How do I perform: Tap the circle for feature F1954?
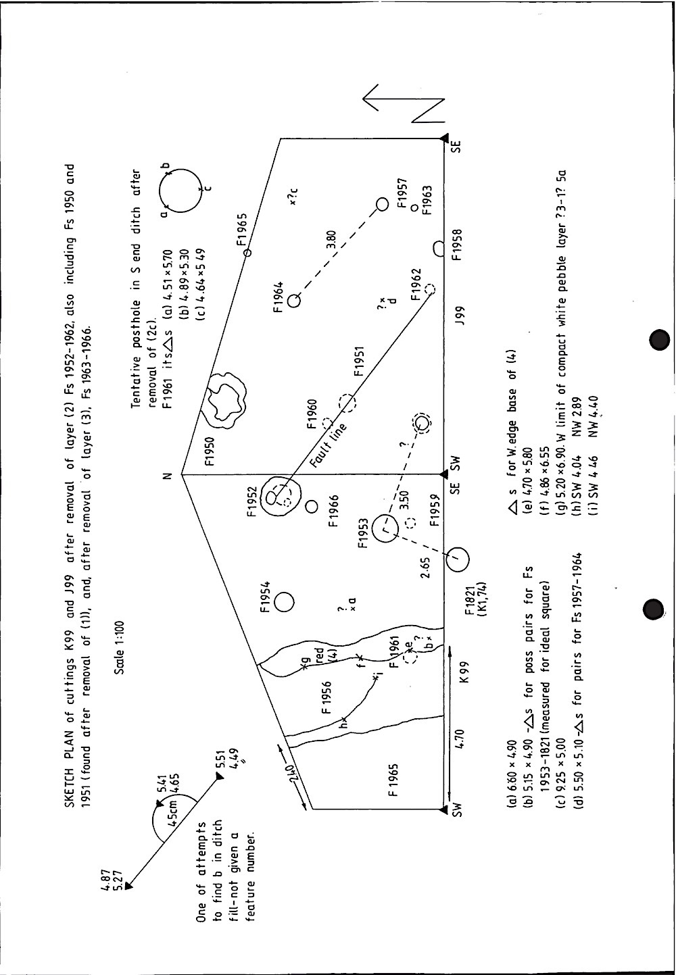[284, 601]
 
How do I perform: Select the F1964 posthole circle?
[293, 301]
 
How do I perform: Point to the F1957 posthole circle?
[382, 204]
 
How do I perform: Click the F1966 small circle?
[312, 505]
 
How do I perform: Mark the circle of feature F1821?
[457, 557]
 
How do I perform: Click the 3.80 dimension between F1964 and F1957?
[331, 240]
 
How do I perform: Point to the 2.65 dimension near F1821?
[425, 568]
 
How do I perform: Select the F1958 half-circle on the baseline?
[438, 249]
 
